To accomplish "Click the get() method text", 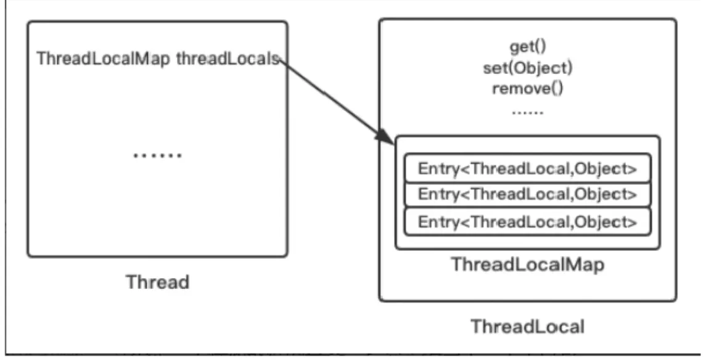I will (527, 47).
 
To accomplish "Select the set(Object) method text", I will (527, 67).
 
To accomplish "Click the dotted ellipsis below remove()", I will (527, 112).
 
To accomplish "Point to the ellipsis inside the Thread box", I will (157, 154).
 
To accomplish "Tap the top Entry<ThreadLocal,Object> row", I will (527, 169).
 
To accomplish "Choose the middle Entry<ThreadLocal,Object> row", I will (527, 195).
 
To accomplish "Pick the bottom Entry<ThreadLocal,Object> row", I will (527, 221).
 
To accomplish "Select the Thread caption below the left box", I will (157, 282).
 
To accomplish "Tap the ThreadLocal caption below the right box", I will (527, 326).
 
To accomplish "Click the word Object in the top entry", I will (605, 169).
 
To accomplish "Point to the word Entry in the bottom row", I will (435, 221).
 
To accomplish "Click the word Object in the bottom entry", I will (605, 221).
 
